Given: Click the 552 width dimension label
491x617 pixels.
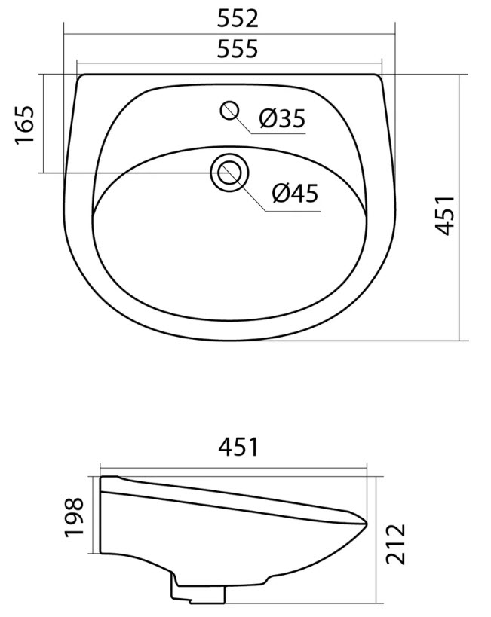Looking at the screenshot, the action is (238, 19).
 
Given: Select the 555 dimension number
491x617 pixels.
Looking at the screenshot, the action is (238, 48).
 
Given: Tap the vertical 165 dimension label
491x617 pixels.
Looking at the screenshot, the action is (24, 124).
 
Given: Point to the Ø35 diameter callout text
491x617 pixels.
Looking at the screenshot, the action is (282, 118).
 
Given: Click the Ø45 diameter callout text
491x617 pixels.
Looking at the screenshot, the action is (295, 193).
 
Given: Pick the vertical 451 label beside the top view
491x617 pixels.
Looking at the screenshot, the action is (446, 215).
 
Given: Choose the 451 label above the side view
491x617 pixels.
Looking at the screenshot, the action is (238, 447).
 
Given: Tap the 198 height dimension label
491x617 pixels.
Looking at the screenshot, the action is (74, 517).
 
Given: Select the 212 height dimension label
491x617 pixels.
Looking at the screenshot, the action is (395, 544).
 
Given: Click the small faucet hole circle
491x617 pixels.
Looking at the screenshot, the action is (229, 110).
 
